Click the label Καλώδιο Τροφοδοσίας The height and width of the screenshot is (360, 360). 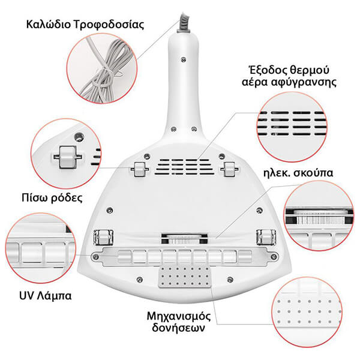(85, 25)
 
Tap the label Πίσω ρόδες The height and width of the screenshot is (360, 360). (52, 197)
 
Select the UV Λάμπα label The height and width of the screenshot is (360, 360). (46, 296)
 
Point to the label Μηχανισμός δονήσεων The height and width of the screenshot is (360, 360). (179, 322)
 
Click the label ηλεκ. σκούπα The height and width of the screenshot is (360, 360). (298, 172)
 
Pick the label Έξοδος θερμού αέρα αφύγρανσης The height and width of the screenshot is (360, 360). (289, 76)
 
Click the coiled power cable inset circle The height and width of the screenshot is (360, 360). (102, 68)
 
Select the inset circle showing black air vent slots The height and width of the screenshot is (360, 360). (292, 127)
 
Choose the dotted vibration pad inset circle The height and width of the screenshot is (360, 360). (307, 312)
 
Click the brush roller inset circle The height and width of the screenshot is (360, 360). (319, 216)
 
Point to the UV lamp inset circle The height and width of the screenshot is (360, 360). (40, 248)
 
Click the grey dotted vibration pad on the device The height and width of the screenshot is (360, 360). (185, 277)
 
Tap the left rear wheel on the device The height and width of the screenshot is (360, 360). (139, 169)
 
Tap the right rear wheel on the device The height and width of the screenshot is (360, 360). (229, 169)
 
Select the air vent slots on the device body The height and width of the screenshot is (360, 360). (184, 167)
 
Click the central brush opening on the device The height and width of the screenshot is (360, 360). (185, 239)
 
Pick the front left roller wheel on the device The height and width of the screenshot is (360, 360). (103, 238)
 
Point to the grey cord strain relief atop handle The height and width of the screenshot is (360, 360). (184, 23)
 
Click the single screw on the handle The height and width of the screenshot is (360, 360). (183, 60)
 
